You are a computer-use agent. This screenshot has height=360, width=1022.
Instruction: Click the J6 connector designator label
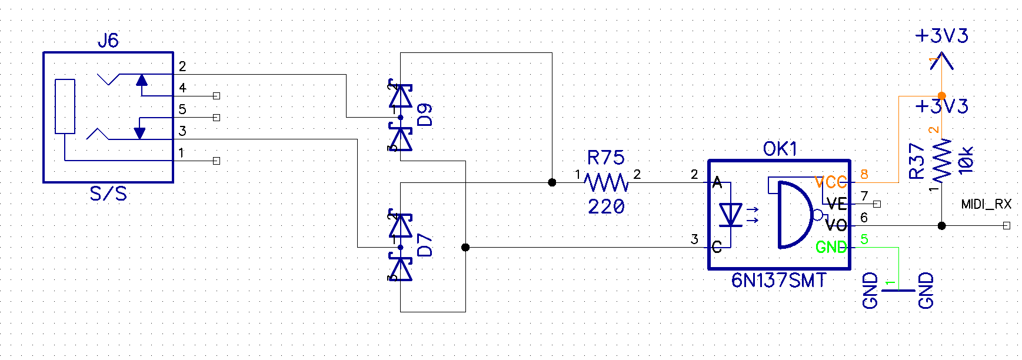pyautogui.click(x=108, y=41)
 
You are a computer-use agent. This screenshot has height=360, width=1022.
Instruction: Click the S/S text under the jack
pyautogui.click(x=108, y=194)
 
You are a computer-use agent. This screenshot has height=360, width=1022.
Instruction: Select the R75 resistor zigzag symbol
pyautogui.click(x=607, y=182)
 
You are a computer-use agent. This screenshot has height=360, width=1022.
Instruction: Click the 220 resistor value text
pyautogui.click(x=606, y=206)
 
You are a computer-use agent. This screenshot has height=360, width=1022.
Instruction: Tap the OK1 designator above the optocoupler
pyautogui.click(x=780, y=149)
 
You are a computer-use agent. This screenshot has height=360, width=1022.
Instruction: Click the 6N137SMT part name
pyautogui.click(x=778, y=281)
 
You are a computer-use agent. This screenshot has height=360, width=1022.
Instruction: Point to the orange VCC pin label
pyautogui.click(x=831, y=182)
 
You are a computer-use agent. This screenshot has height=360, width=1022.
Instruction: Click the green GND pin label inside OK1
pyautogui.click(x=831, y=248)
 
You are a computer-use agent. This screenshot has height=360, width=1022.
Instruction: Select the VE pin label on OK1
pyautogui.click(x=836, y=204)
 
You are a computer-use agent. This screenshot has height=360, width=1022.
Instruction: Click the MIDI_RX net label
pyautogui.click(x=986, y=204)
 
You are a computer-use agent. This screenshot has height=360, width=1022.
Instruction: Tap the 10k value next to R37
pyautogui.click(x=966, y=160)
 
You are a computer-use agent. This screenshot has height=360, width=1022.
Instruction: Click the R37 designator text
pyautogui.click(x=917, y=161)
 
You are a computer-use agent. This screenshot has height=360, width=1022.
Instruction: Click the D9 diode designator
pyautogui.click(x=425, y=115)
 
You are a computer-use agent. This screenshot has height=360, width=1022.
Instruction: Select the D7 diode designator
pyautogui.click(x=425, y=245)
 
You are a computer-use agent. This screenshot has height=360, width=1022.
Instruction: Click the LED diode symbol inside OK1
pyautogui.click(x=731, y=215)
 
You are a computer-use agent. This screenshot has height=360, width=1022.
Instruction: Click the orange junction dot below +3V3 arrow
pyautogui.click(x=941, y=96)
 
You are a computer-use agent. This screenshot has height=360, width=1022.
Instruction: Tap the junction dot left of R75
pyautogui.click(x=552, y=182)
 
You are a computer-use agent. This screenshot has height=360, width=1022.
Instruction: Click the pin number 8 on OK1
pyautogui.click(x=864, y=174)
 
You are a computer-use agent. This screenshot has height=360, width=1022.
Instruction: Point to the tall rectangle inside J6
pyautogui.click(x=65, y=106)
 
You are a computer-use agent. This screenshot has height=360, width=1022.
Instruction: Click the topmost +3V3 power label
pyautogui.click(x=941, y=36)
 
